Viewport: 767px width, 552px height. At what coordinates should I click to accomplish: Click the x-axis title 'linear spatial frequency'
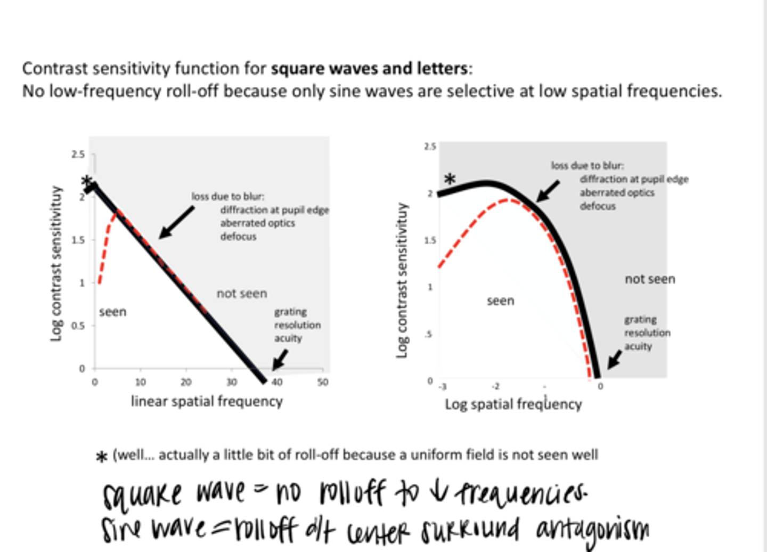(x=207, y=401)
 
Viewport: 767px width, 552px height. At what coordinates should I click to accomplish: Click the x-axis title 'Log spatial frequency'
(x=513, y=404)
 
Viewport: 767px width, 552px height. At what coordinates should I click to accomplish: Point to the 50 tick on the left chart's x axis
(x=323, y=382)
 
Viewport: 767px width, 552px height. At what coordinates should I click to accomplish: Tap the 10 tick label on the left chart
(x=140, y=382)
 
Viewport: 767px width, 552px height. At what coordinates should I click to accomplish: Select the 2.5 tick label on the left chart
(x=78, y=155)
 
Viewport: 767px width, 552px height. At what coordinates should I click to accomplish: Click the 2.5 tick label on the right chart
(x=430, y=147)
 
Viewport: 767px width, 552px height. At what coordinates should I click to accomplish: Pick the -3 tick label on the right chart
(x=443, y=386)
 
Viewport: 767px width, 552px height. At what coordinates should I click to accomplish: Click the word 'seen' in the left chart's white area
(x=112, y=312)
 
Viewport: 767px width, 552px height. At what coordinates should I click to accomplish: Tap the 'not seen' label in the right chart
(x=650, y=279)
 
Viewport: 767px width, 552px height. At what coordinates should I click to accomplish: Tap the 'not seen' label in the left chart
(x=242, y=294)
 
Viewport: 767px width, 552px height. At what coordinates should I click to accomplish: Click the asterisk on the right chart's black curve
(x=450, y=180)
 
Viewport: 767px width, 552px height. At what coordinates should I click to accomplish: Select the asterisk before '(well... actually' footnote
(x=102, y=457)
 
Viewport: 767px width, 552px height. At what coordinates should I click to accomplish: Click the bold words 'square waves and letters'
(x=369, y=69)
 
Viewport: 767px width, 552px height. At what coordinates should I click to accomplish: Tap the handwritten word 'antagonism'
(x=592, y=530)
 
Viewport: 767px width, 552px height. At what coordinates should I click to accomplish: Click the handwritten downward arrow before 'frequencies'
(x=438, y=492)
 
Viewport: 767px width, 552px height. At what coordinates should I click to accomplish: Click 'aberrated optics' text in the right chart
(x=617, y=193)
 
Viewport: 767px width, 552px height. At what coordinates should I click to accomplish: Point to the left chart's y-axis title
(x=56, y=264)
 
